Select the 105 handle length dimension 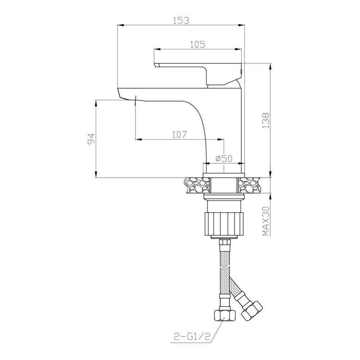(x=198, y=44)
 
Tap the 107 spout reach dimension (x=179, y=135)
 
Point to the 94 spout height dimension (x=91, y=139)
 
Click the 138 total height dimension (x=266, y=120)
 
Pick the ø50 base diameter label (x=224, y=158)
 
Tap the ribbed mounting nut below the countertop (x=224, y=223)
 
